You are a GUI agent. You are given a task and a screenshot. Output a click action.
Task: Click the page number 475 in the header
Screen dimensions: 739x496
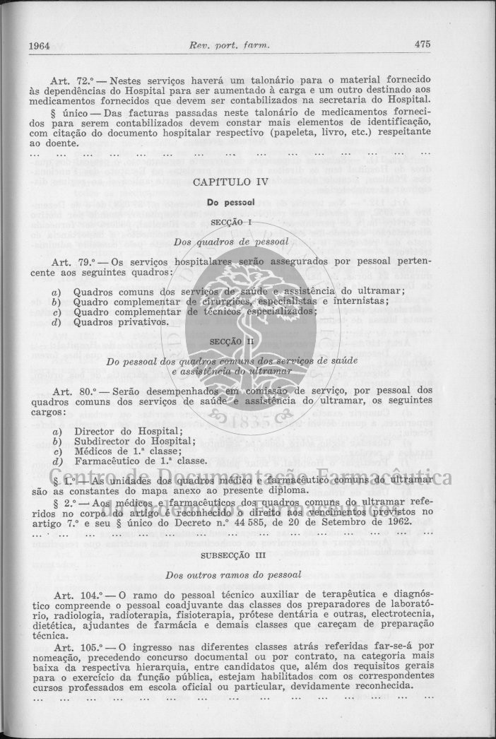pyautogui.click(x=423, y=45)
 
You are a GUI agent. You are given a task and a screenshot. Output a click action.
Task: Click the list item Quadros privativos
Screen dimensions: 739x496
pyautogui.click(x=120, y=321)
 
